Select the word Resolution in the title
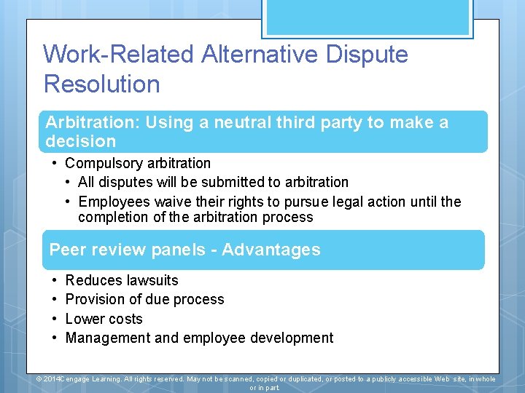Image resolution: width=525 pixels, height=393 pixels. pyautogui.click(x=102, y=84)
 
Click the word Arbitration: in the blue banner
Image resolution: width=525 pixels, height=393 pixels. pyautogui.click(x=92, y=122)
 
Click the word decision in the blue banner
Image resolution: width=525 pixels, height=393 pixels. pyautogui.click(x=81, y=141)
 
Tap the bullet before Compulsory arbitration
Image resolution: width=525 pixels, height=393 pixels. pyautogui.click(x=55, y=163)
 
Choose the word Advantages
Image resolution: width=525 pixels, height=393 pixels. pyautogui.click(x=271, y=250)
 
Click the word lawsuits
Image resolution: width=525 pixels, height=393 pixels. pyautogui.click(x=152, y=280)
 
